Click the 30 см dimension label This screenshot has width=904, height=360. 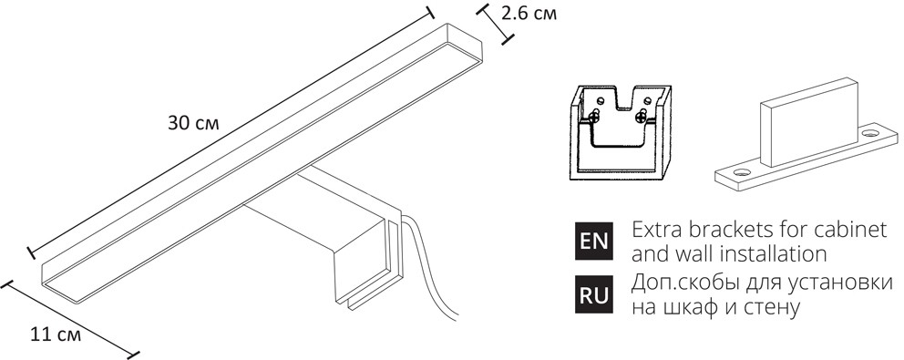coord(194,123)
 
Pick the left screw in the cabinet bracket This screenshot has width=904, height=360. coord(593,116)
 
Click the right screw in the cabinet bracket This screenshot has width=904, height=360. coord(643,115)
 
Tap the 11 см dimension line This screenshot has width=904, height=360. coord(71,316)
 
